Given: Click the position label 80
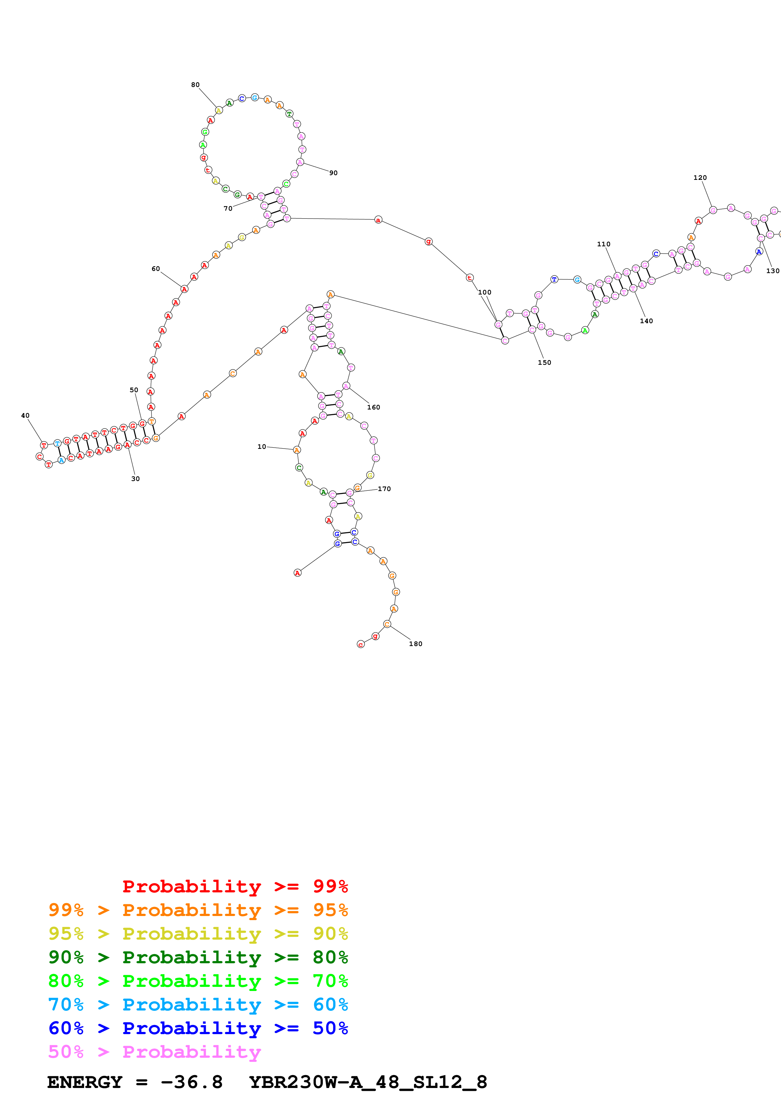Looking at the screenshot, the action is pyautogui.click(x=195, y=85).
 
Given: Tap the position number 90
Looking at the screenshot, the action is pyautogui.click(x=333, y=173).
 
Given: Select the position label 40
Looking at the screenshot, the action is pyautogui.click(x=25, y=415).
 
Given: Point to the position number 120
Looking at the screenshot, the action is pyautogui.click(x=700, y=178).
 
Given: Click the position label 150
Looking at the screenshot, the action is pyautogui.click(x=544, y=362).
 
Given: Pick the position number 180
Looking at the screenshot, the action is pyautogui.click(x=415, y=644).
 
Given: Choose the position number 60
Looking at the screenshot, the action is pyautogui.click(x=155, y=269).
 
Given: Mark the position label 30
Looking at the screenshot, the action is pyautogui.click(x=135, y=478).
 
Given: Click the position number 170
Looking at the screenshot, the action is pyautogui.click(x=384, y=489).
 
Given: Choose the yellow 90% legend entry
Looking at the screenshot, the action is pyautogui.click(x=198, y=933).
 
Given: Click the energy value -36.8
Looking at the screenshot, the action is pyautogui.click(x=192, y=1082).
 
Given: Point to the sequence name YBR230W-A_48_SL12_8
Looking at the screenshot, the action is pyautogui.click(x=368, y=1082).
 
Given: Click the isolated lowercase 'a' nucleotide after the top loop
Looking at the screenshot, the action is pyautogui.click(x=378, y=220).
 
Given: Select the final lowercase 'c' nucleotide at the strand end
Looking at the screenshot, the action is pyautogui.click(x=360, y=644).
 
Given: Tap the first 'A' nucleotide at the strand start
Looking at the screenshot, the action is pyautogui.click(x=297, y=573).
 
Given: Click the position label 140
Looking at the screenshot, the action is pyautogui.click(x=646, y=321).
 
